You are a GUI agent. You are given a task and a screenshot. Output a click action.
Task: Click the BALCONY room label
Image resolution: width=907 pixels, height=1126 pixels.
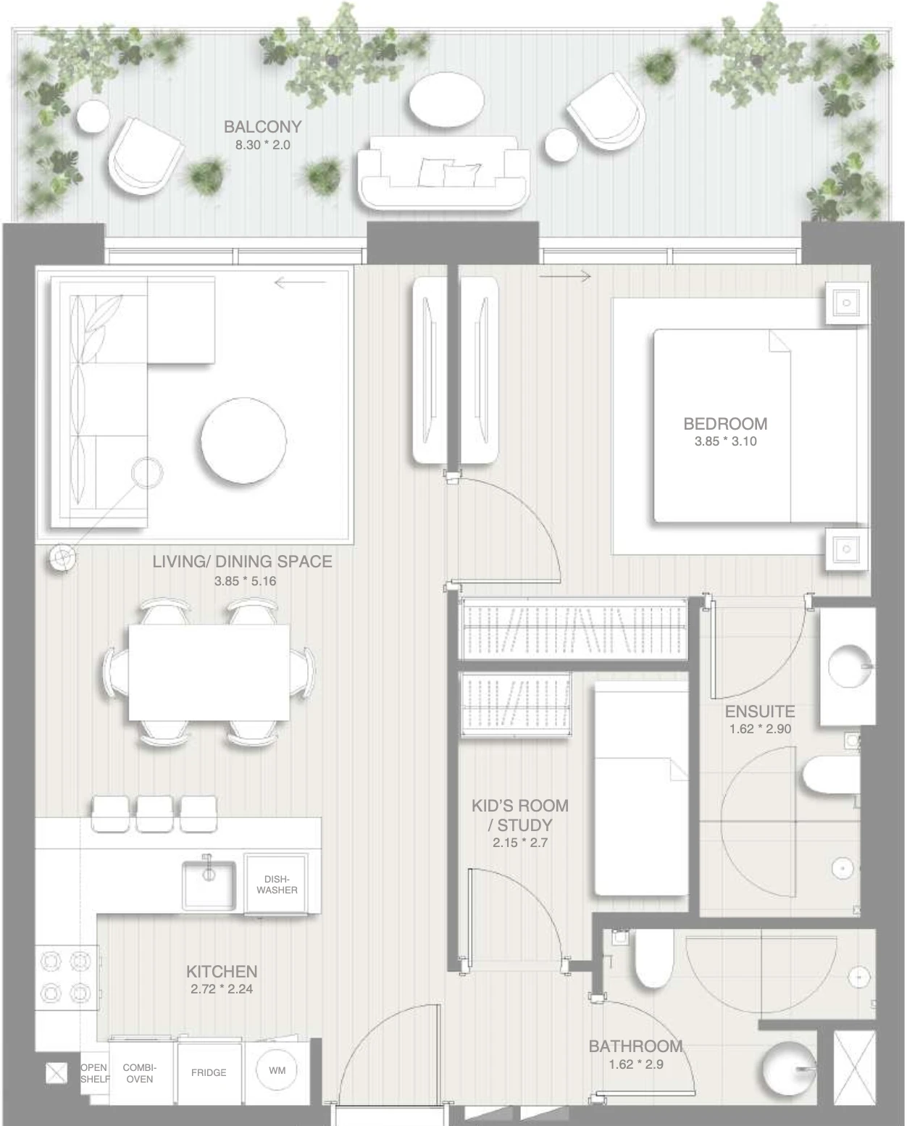(262, 127)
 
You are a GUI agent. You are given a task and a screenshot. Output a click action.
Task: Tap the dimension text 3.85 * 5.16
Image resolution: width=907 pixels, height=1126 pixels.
(245, 581)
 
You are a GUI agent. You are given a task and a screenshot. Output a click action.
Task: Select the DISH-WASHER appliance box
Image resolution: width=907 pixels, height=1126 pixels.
(276, 883)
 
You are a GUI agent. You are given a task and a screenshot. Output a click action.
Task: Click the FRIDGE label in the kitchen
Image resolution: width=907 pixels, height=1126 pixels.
(209, 1072)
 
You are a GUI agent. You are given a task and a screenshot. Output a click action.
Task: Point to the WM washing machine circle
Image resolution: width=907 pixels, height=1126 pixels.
(277, 1070)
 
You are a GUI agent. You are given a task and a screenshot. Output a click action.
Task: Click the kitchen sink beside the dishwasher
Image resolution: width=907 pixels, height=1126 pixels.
(209, 885)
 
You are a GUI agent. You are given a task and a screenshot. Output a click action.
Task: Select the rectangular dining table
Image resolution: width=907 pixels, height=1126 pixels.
(209, 672)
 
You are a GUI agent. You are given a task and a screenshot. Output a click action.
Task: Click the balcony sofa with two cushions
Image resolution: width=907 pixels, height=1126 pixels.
(443, 172)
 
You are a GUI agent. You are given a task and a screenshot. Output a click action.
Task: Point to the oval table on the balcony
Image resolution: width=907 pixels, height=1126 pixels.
(446, 99)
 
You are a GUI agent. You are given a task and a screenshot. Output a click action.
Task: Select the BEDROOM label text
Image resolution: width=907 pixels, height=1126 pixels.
(725, 423)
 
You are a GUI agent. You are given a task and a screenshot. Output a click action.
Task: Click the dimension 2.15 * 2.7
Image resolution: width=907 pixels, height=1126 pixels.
(520, 843)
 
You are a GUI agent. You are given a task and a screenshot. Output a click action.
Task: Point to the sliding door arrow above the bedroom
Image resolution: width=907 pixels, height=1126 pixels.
(566, 276)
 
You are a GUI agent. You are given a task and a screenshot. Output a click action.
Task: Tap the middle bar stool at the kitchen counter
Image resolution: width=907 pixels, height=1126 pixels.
(155, 814)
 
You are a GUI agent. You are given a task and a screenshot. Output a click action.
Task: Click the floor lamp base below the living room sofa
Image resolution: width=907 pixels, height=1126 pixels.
(62, 559)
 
